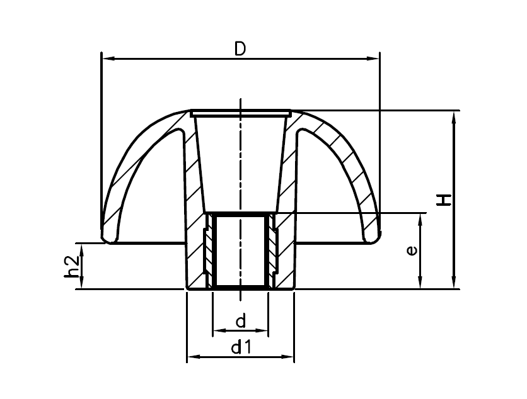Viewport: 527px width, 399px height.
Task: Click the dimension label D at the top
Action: coord(240,48)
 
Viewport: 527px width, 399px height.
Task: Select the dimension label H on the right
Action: coord(445,200)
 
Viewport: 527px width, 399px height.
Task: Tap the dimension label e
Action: coord(411,250)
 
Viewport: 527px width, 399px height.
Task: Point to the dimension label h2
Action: coord(72,266)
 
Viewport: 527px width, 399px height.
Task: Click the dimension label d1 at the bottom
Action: coord(240,346)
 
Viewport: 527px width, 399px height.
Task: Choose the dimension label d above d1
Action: coord(240,322)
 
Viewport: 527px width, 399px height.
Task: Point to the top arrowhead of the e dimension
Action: coord(420,218)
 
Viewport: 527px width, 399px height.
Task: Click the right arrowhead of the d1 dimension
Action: coord(289,357)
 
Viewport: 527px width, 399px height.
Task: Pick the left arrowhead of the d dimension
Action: coord(217,330)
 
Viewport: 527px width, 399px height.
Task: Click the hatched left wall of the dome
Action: coord(129,176)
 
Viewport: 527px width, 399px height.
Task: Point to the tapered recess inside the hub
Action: coord(240,164)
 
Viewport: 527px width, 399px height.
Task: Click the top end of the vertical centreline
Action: coord(240,101)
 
